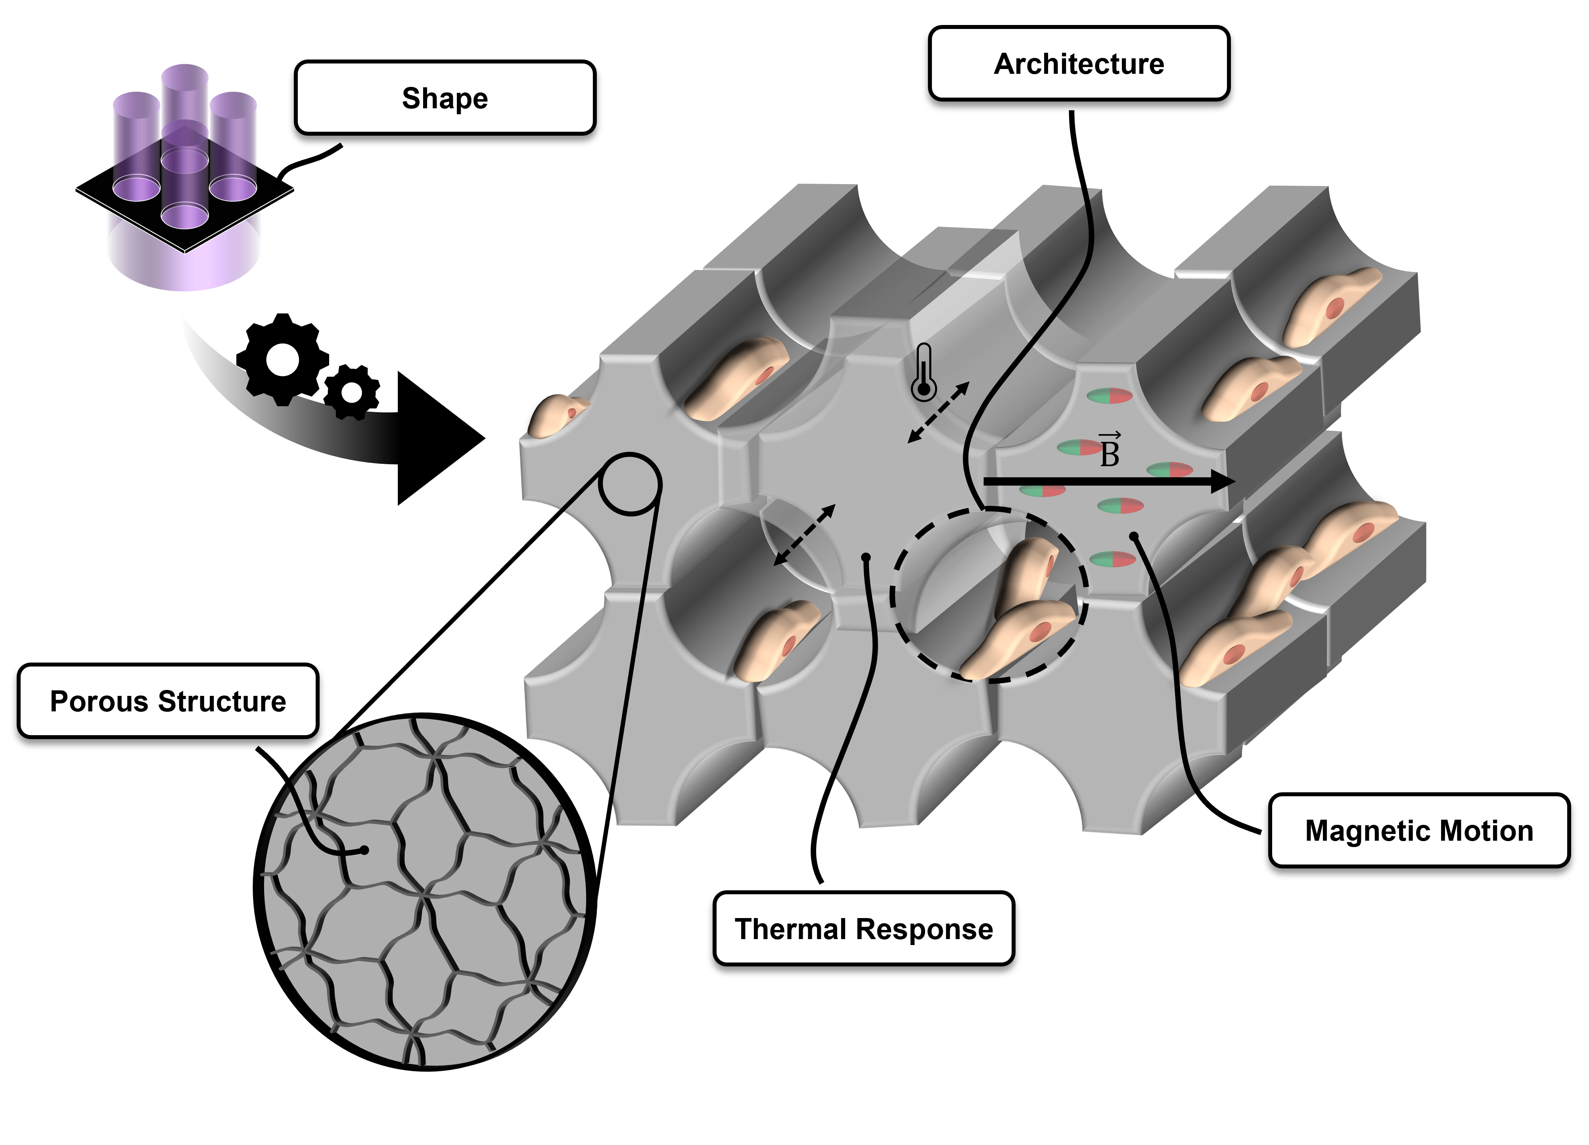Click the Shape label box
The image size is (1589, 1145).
point(445,98)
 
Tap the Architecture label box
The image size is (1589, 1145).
point(1079,64)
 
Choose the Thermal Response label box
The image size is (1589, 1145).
point(864,929)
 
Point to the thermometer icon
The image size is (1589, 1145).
point(924,373)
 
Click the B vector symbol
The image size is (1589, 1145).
point(1109,451)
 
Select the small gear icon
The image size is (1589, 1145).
point(352,393)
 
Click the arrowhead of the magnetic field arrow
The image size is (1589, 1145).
point(1223,481)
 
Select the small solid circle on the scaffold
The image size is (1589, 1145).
point(630,484)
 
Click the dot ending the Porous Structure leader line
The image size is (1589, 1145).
point(364,850)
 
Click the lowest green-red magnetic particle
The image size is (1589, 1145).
point(1113,559)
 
